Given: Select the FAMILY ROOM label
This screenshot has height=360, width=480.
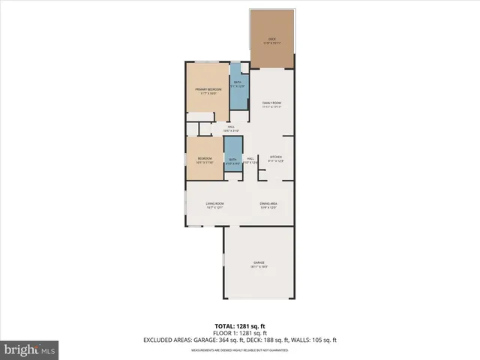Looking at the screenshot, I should [x=271, y=103].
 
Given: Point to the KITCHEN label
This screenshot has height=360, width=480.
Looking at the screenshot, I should [x=275, y=157].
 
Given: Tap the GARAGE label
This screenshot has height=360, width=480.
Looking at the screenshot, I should [x=259, y=262].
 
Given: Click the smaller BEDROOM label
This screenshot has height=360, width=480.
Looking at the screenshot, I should [x=205, y=158].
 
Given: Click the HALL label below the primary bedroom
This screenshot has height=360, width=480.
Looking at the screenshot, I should [x=232, y=127].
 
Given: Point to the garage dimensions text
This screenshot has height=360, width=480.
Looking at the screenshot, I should [x=259, y=267].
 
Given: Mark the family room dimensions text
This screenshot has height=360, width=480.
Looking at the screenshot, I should [x=271, y=107].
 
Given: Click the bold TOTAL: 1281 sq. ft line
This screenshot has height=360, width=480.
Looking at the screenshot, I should [x=239, y=325].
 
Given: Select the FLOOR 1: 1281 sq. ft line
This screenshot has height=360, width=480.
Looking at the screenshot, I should [x=239, y=333].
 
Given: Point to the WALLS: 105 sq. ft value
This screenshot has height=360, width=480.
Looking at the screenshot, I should [x=319, y=340].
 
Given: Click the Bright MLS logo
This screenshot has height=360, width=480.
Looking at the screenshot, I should [x=30, y=349].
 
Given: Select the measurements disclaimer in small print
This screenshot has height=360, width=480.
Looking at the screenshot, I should [x=239, y=349].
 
